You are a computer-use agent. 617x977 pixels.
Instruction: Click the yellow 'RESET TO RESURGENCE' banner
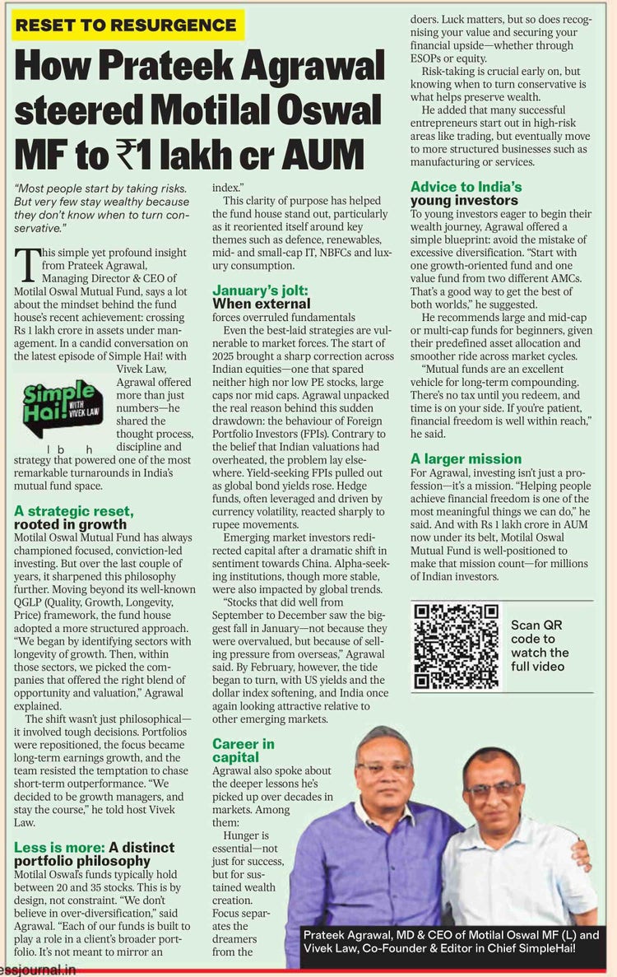pos(128,25)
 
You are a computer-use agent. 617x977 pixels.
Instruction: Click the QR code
pos(455,646)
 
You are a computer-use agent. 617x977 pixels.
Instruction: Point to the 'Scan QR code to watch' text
pos(540,645)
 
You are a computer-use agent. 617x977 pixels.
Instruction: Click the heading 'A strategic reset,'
pos(73,510)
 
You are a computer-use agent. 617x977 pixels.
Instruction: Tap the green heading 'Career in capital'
pos(244,750)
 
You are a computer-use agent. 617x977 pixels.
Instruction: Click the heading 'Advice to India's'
pos(466,186)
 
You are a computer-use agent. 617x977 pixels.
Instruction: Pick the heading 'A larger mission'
pos(466,458)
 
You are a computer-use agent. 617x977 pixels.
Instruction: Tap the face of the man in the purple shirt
pos(384,770)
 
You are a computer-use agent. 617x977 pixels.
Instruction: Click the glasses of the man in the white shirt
pos(491,788)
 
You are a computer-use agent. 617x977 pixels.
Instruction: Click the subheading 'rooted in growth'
pos(71,524)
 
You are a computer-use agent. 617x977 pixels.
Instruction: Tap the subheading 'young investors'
pos(464,200)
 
